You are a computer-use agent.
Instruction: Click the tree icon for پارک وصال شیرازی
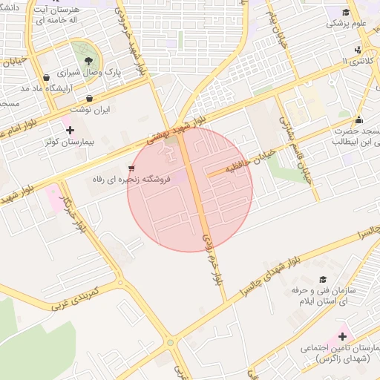point(88,61)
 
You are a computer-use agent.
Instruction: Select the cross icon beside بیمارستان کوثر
point(71,130)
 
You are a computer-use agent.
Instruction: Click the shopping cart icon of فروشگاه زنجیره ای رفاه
point(131,168)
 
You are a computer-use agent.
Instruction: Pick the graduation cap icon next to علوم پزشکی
point(346,12)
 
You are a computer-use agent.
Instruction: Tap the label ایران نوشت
point(96,109)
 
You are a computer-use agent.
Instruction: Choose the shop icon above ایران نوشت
point(90,98)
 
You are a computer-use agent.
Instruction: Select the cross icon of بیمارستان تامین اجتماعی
point(342,336)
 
